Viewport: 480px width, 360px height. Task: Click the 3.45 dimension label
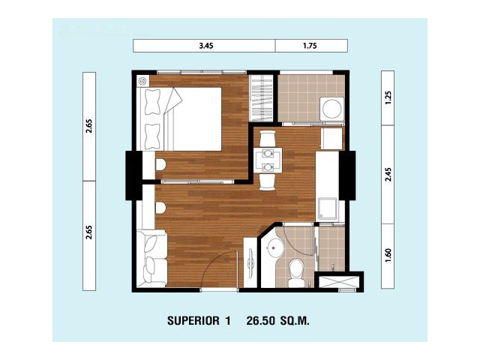coord(206,46)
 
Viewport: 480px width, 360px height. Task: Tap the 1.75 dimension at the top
coord(310,46)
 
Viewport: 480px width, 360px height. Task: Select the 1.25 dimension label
coord(388,98)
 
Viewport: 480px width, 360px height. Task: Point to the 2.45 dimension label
coord(388,175)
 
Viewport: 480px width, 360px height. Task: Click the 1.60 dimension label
coord(388,255)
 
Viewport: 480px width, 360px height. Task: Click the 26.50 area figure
coord(259,321)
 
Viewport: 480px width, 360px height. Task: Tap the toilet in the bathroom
coord(296,273)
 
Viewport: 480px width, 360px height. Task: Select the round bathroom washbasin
coord(274,247)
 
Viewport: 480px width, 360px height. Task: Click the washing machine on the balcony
coord(331,109)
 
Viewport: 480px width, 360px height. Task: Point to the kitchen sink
coord(328,209)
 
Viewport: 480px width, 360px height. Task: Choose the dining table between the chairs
coord(268,160)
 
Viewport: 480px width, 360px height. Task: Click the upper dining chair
coord(268,138)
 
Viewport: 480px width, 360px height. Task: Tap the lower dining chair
coord(268,182)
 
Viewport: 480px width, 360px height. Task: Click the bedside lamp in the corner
coord(143,81)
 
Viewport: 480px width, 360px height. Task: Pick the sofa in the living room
coord(151,258)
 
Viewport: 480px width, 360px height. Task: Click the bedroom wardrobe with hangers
coord(261,98)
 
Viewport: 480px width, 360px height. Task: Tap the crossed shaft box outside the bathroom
coord(339,282)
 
